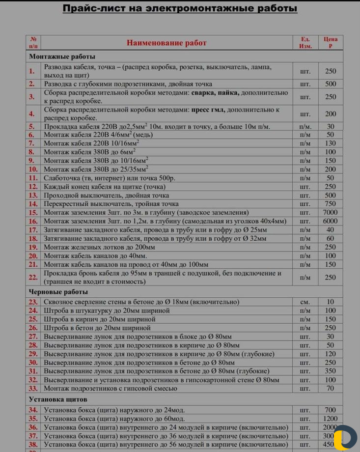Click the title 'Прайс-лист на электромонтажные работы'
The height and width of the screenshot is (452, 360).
tap(180, 9)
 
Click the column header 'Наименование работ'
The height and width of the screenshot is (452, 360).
tap(166, 43)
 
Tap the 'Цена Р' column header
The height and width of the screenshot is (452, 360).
tap(331, 43)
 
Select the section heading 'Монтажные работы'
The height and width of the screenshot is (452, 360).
tap(62, 56)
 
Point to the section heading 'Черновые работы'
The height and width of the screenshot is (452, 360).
tap(58, 292)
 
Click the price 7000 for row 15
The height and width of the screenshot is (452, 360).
tap(331, 212)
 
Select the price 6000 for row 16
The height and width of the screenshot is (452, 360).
tap(331, 221)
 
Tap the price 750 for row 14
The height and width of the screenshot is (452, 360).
tap(331, 204)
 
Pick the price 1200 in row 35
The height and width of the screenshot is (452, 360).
tap(331, 419)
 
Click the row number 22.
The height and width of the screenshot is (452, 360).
tap(33, 277)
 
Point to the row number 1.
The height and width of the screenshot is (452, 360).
tap(32, 71)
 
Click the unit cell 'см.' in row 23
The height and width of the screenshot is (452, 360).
tap(305, 302)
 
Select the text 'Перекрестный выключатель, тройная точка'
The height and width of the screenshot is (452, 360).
tap(111, 204)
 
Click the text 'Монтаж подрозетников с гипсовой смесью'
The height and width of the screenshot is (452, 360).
tap(111, 389)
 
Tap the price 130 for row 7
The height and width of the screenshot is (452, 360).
tap(331, 143)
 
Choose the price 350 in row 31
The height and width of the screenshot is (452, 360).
tap(331, 371)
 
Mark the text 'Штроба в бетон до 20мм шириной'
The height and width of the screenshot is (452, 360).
tap(97, 328)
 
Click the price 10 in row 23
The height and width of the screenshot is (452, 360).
tap(331, 302)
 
